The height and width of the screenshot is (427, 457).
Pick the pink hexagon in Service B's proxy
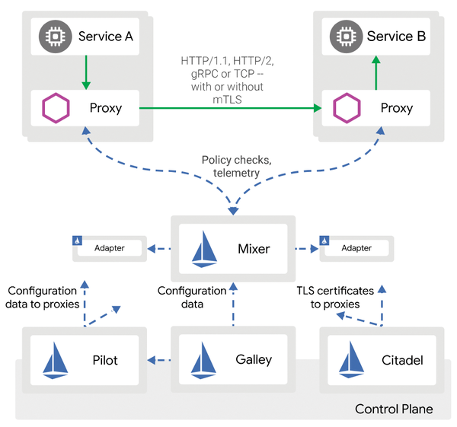click(x=347, y=108)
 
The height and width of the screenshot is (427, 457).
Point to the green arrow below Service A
click(x=85, y=72)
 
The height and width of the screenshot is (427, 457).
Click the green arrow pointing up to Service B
click(x=375, y=72)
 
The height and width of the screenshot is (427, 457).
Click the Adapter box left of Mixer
click(x=109, y=248)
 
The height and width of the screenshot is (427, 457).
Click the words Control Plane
click(x=394, y=409)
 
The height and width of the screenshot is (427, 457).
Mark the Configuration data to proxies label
click(x=42, y=298)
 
